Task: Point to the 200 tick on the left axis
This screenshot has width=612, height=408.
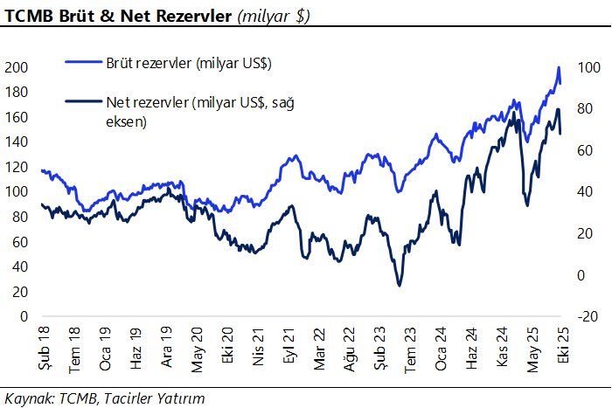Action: (17, 67)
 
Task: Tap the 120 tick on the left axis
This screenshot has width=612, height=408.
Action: (17, 167)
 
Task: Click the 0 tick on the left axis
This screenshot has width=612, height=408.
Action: (25, 316)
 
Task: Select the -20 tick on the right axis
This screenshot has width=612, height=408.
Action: (588, 316)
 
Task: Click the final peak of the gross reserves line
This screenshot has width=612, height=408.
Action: (559, 67)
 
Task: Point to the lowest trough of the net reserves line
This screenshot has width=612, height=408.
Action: (399, 286)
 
